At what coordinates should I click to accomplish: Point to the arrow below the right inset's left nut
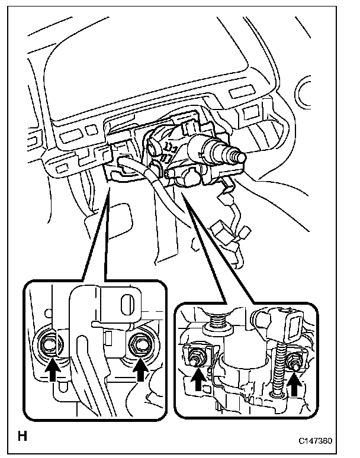pos(198,382)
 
